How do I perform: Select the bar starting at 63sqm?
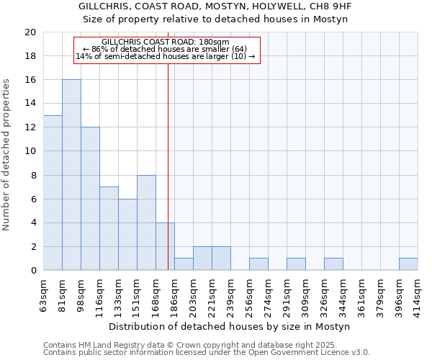click(x=53, y=193)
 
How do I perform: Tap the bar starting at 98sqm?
click(x=90, y=199)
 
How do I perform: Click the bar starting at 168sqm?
click(x=165, y=246)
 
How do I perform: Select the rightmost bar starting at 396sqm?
click(x=408, y=264)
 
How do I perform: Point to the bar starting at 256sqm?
click(x=258, y=264)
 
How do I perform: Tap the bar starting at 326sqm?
click(x=333, y=264)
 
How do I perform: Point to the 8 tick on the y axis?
click(x=32, y=175)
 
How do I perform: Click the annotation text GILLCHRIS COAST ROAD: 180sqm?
click(x=166, y=42)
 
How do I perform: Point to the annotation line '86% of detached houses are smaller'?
click(x=166, y=49)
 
